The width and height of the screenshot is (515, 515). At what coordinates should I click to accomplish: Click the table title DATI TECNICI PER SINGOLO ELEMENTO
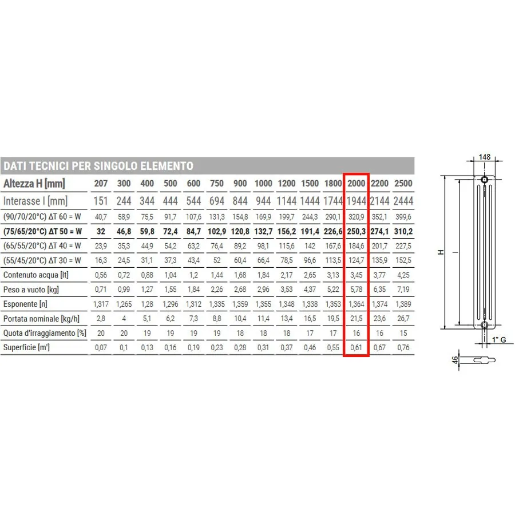(x=98, y=166)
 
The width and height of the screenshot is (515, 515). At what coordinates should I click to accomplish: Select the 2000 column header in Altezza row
(x=356, y=183)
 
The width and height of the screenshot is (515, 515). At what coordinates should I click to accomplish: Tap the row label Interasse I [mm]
(x=35, y=201)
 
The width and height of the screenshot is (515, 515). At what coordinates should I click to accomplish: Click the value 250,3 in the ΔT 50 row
(x=356, y=232)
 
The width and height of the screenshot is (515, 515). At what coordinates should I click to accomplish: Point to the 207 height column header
(x=101, y=183)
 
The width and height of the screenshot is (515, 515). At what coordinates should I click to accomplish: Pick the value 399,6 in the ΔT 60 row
(x=403, y=217)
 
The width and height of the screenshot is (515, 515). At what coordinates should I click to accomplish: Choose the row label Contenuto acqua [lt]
(x=36, y=275)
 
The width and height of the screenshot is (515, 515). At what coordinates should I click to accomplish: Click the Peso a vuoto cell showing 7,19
(x=403, y=290)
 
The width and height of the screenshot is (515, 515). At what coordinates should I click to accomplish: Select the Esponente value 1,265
(x=124, y=304)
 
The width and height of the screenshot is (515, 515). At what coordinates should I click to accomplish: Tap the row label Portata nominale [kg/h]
(x=41, y=319)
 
